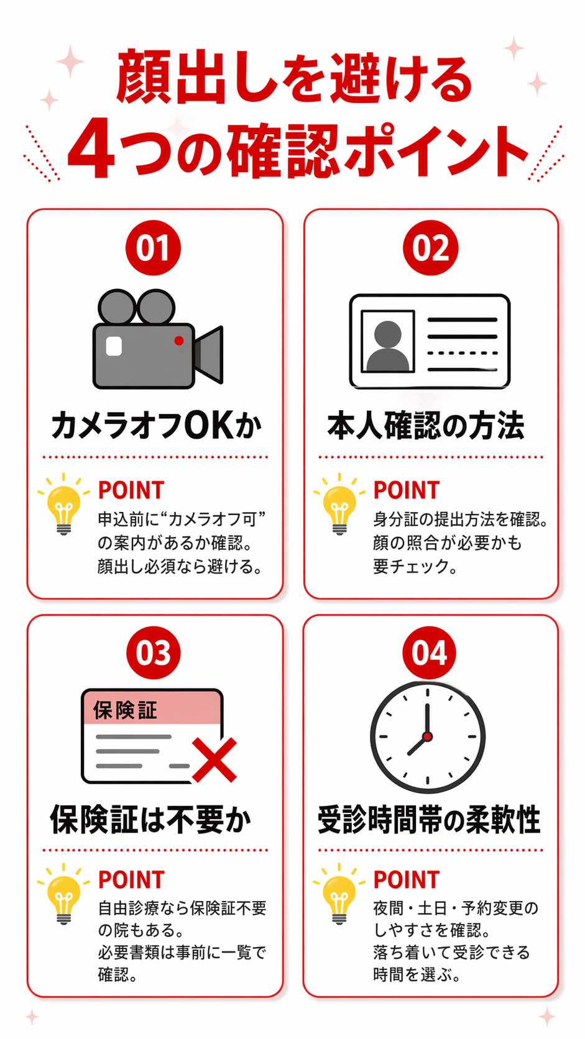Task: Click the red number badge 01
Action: (x=153, y=248)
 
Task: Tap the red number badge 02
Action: (x=430, y=248)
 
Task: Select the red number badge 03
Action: (x=153, y=653)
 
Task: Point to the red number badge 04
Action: (x=429, y=653)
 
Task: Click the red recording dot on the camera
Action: (x=178, y=341)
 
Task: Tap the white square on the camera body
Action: (x=114, y=346)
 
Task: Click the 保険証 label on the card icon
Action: (x=125, y=710)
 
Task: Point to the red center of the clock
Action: (x=428, y=736)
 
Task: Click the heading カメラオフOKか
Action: (x=157, y=426)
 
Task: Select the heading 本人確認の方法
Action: (x=426, y=426)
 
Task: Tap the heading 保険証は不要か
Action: (x=151, y=820)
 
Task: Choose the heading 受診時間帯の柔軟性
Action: (x=429, y=820)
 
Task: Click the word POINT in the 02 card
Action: (x=407, y=490)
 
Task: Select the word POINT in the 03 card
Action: (x=131, y=880)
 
